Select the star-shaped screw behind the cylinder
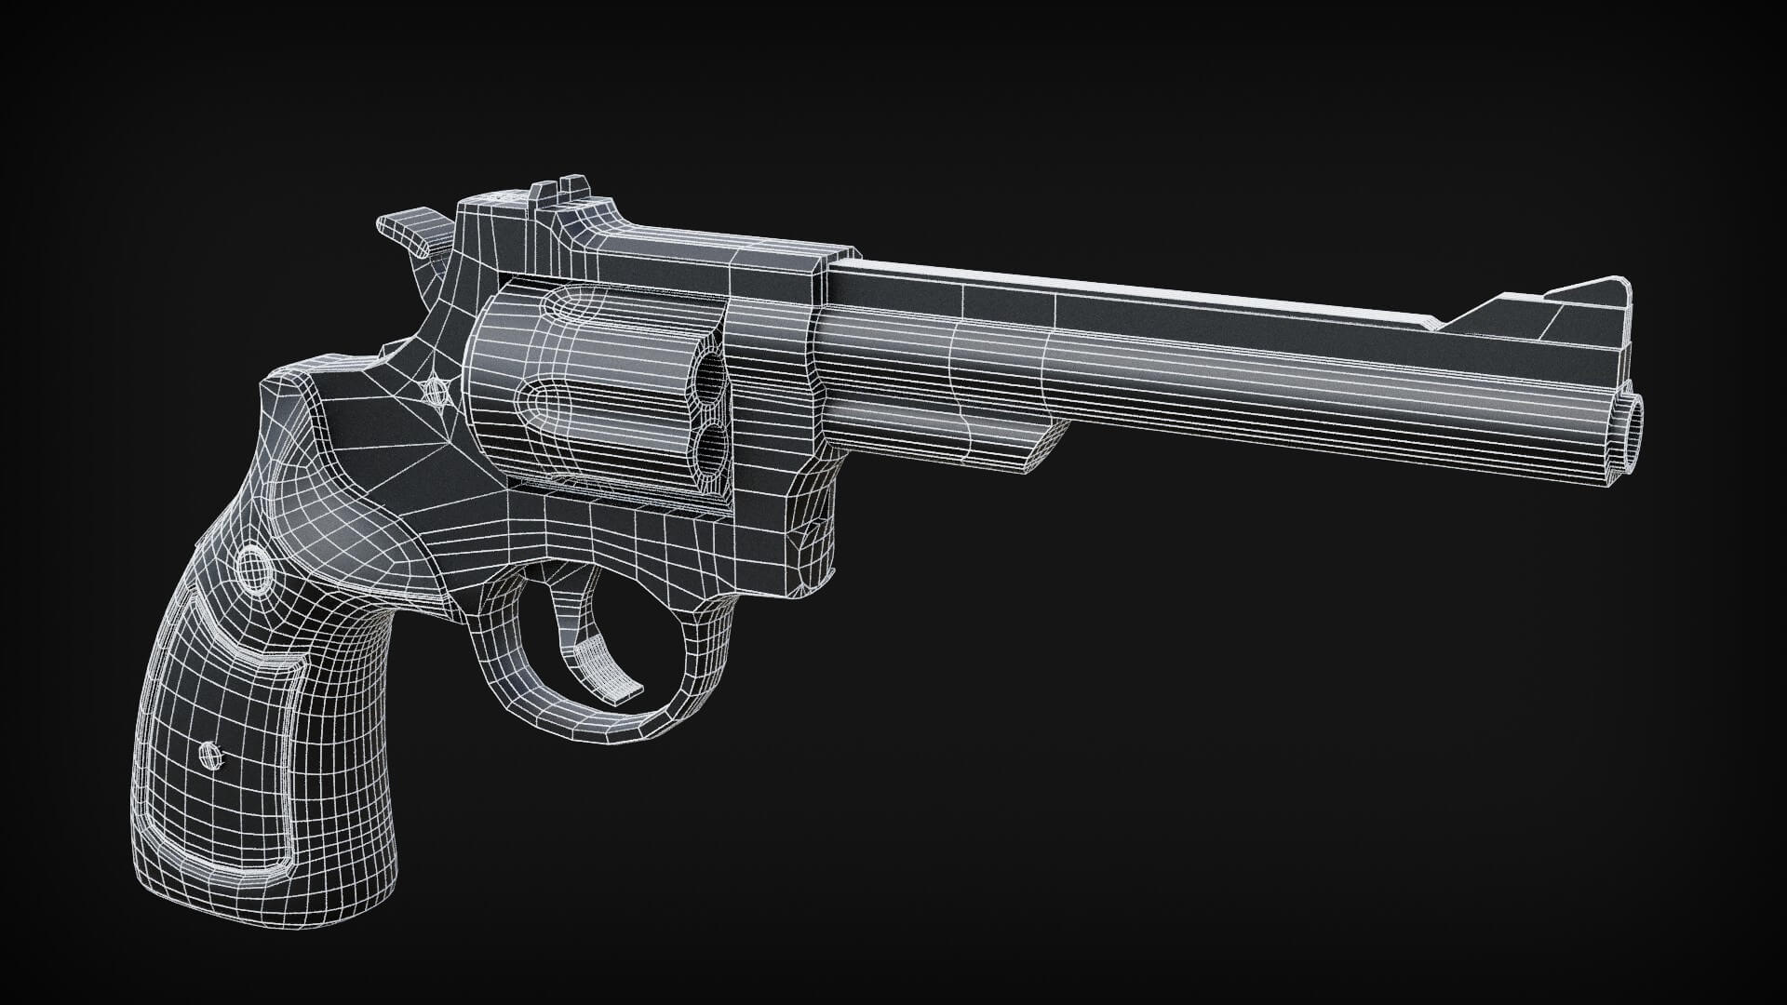pyautogui.click(x=434, y=390)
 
